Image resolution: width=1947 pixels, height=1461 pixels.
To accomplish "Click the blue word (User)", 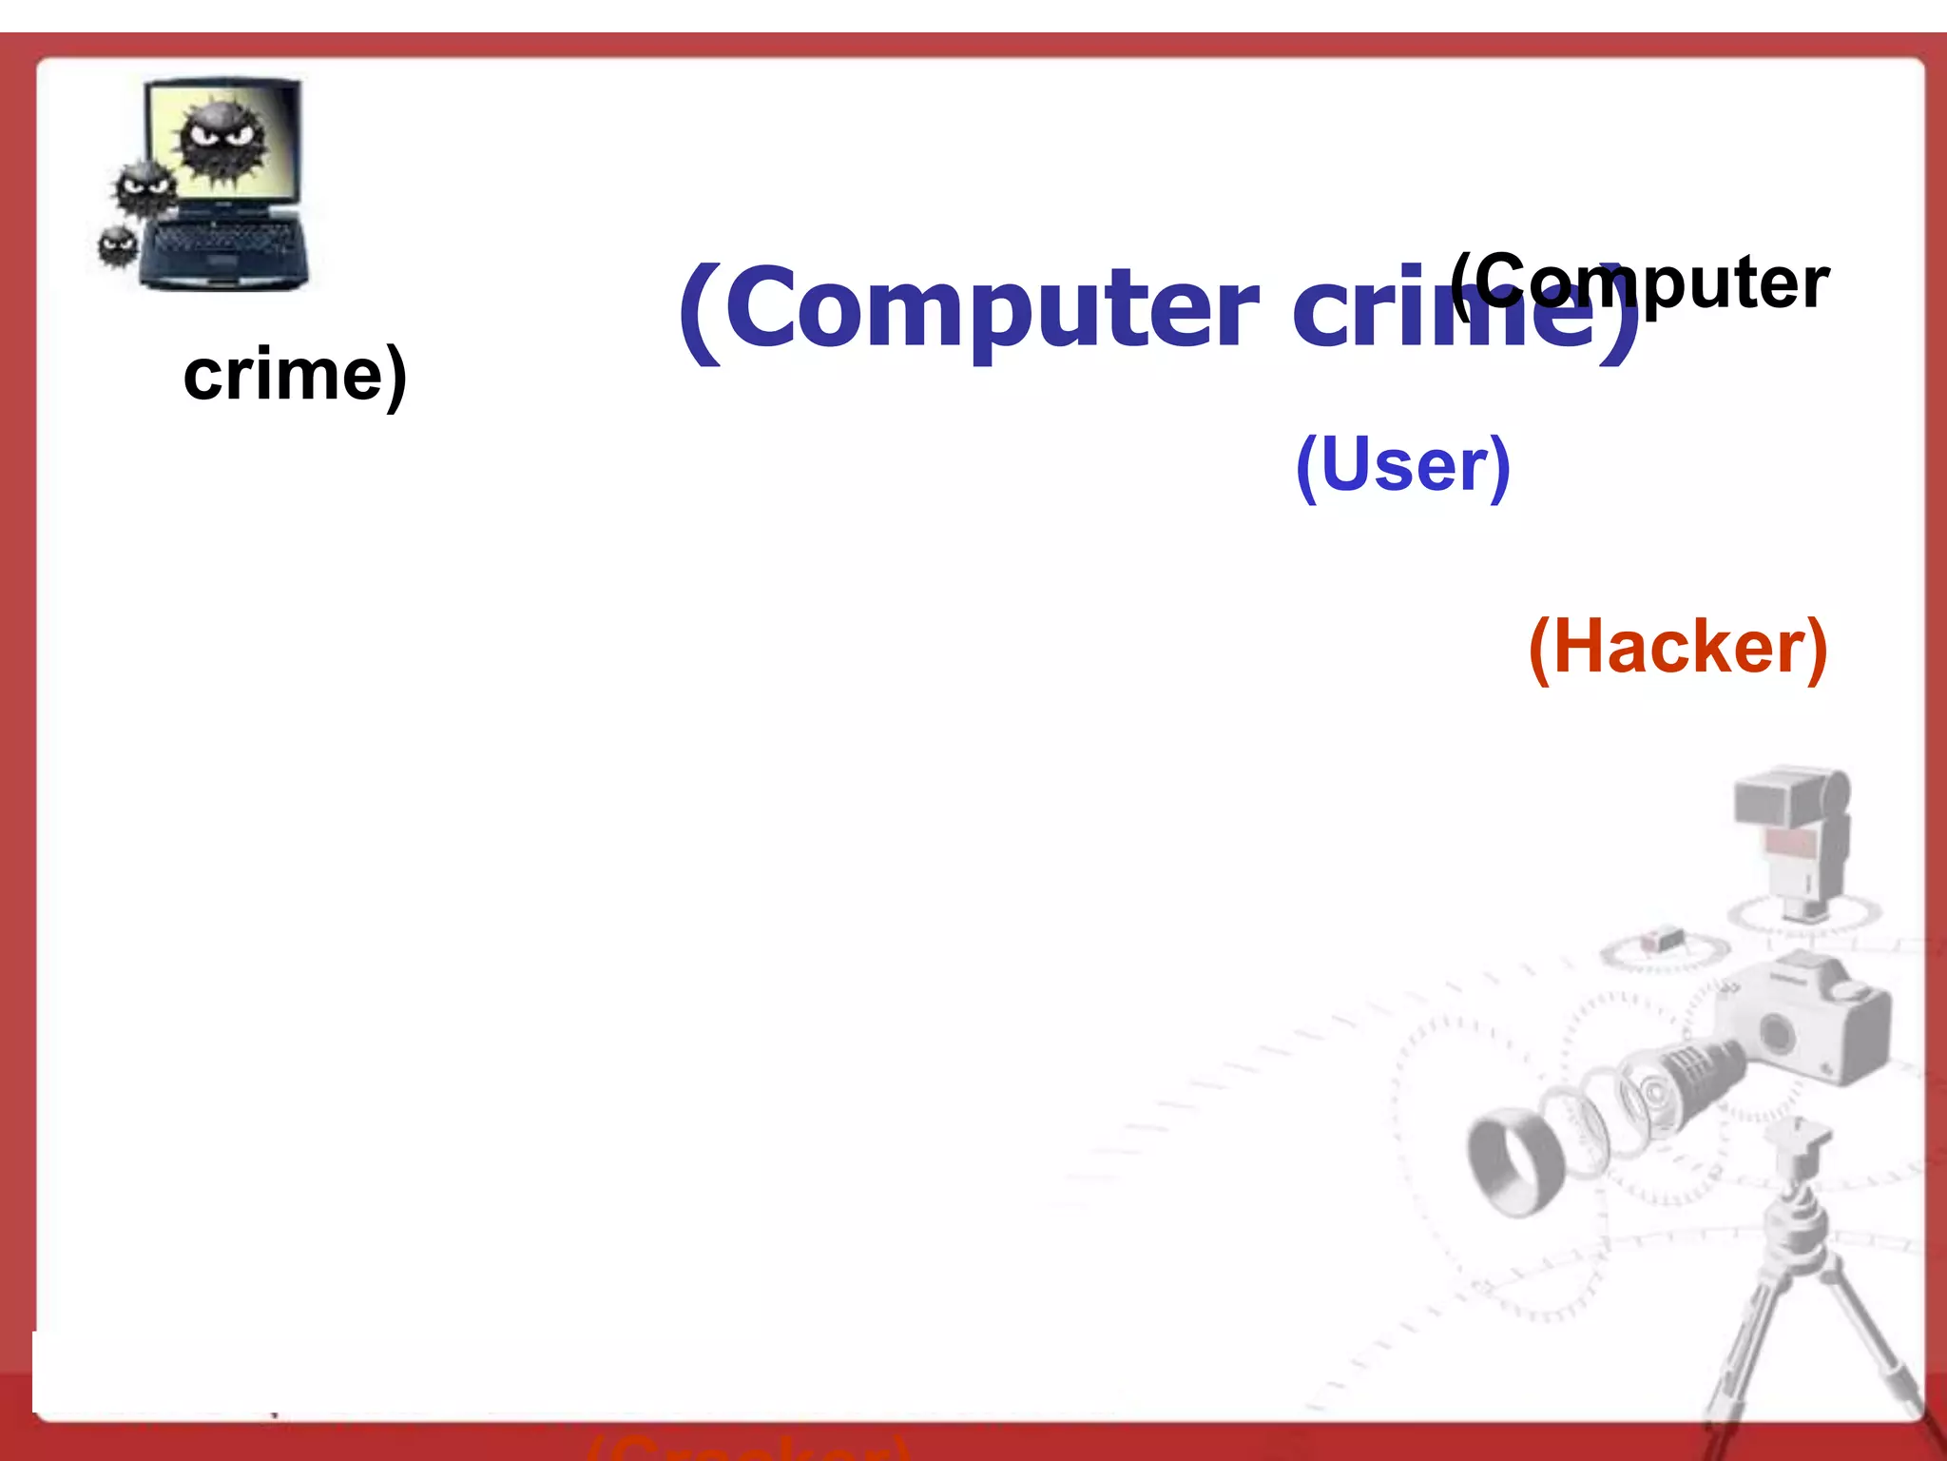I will (x=1403, y=465).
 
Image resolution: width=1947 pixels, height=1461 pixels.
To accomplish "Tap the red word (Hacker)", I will (x=1678, y=648).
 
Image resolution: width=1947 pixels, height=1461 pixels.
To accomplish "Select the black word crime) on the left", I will (x=295, y=375).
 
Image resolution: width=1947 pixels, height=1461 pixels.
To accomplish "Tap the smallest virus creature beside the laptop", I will (x=118, y=246).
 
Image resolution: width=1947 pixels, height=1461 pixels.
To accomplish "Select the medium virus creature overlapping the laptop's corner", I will (x=145, y=188).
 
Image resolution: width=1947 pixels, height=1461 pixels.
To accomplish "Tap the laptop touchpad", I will (x=221, y=262).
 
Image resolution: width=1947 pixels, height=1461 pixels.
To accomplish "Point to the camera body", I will (x=1806, y=1023).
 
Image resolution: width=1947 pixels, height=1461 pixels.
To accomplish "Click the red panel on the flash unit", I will (x=1791, y=842).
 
